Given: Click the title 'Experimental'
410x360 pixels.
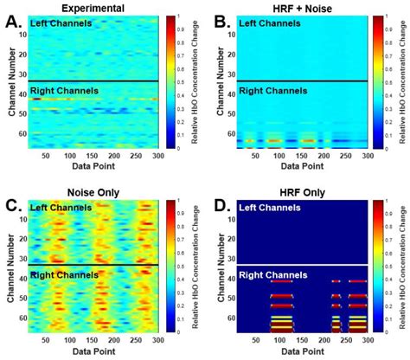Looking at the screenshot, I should pyautogui.click(x=92, y=7).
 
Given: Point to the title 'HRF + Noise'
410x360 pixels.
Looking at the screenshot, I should pyautogui.click(x=298, y=7).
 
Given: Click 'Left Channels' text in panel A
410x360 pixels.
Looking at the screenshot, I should pyautogui.click(x=64, y=23).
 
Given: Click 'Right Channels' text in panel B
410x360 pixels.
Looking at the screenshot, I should pyautogui.click(x=272, y=89).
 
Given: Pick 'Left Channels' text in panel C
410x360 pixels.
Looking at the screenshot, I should pyautogui.click(x=64, y=207).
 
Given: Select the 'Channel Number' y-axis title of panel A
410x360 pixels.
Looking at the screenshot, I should pyautogui.click(x=8, y=82).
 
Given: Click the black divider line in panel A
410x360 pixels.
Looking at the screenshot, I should pyautogui.click(x=91, y=81).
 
